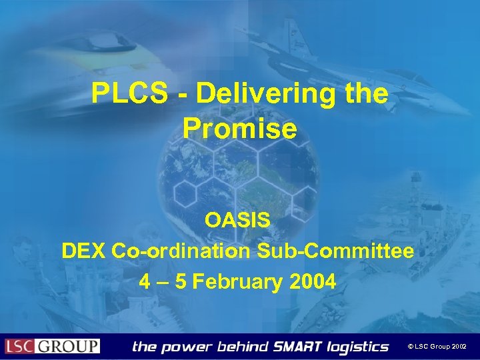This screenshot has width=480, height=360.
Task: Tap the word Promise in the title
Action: (x=239, y=129)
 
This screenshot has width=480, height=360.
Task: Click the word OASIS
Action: (x=238, y=220)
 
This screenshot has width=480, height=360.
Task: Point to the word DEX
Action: (x=83, y=251)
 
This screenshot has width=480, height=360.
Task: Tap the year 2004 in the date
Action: (x=313, y=282)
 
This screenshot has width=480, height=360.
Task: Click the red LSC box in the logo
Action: (x=21, y=347)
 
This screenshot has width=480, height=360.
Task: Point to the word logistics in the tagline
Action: (x=356, y=347)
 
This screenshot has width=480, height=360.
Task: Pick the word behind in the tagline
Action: (x=243, y=347)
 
